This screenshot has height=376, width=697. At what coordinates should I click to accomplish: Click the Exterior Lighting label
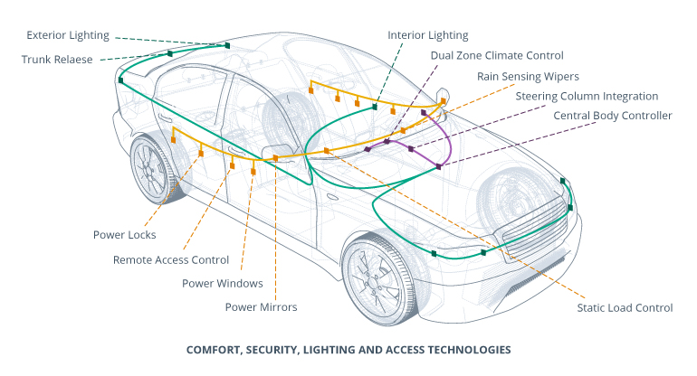click(68, 35)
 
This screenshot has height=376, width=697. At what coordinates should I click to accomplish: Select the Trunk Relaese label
click(60, 59)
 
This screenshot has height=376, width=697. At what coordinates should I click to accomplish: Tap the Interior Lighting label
click(428, 35)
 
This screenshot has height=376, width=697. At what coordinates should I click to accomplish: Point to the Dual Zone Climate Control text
click(497, 56)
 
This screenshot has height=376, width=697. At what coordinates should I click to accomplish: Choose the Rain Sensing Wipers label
click(528, 76)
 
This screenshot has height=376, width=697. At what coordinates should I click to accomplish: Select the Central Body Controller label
click(613, 116)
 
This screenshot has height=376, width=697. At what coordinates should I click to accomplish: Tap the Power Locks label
click(124, 235)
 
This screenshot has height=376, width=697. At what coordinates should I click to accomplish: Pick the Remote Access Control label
click(170, 259)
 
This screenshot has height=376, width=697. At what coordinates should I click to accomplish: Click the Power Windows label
click(222, 283)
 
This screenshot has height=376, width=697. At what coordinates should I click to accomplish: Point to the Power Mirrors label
click(261, 307)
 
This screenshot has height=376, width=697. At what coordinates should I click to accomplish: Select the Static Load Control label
click(625, 307)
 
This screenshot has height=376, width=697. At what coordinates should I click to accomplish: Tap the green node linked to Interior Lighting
click(375, 108)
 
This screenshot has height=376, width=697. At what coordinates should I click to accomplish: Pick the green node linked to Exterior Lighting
click(228, 44)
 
